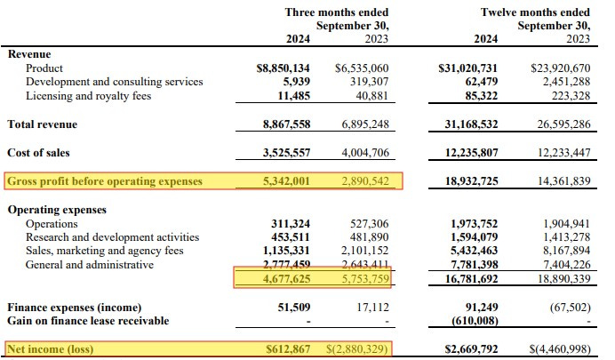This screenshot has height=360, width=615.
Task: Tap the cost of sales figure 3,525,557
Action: coord(284,153)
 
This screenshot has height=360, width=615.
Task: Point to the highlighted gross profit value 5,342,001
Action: coord(284,181)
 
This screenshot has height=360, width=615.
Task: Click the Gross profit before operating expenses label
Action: coord(105,181)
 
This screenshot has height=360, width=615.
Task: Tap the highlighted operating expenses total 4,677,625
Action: coord(284,279)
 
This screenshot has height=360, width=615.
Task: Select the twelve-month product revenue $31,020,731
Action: coord(481,68)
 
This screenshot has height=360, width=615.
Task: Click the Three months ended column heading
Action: coord(337,12)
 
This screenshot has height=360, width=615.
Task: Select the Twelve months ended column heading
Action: coord(548,12)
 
